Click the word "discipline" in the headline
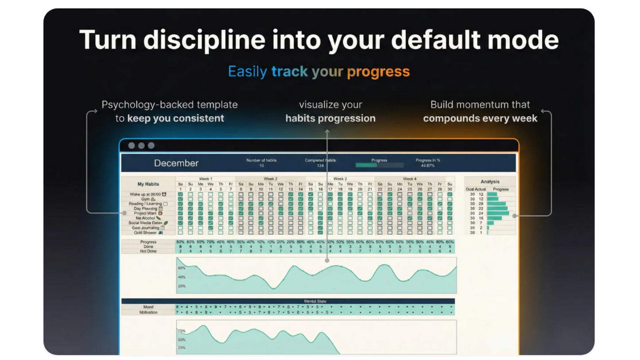pyautogui.click(x=204, y=40)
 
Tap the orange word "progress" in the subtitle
pyautogui.click(x=378, y=72)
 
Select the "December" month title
pyautogui.click(x=176, y=163)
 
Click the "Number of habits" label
pyautogui.click(x=261, y=160)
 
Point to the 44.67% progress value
pyautogui.click(x=427, y=166)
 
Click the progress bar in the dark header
pyautogui.click(x=379, y=166)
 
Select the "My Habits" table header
pyautogui.click(x=148, y=184)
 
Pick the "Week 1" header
pyautogui.click(x=206, y=179)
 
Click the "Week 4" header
pyautogui.click(x=409, y=179)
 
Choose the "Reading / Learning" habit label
pyautogui.click(x=145, y=204)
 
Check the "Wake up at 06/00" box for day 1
pyautogui.click(x=180, y=194)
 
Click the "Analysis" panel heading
pyautogui.click(x=490, y=182)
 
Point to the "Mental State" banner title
pyautogui.click(x=315, y=301)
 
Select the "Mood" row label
pyautogui.click(x=148, y=307)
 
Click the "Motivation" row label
pyautogui.click(x=148, y=312)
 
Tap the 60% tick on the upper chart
pyautogui.click(x=181, y=268)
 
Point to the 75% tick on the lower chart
pyautogui.click(x=181, y=331)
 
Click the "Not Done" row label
pyautogui.click(x=148, y=251)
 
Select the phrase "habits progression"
pyautogui.click(x=330, y=118)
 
